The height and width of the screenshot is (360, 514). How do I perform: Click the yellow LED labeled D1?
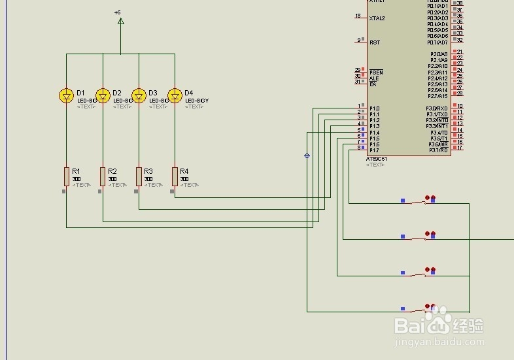pyautogui.click(x=66, y=95)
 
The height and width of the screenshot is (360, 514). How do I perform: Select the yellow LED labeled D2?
pyautogui.click(x=103, y=95)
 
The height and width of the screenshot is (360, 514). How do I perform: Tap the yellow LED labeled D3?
pyautogui.click(x=139, y=95)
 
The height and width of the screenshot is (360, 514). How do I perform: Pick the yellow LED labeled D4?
pyautogui.click(x=175, y=95)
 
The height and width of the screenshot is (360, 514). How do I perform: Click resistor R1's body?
pyautogui.click(x=66, y=176)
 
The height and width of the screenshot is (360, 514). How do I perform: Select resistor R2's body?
pyautogui.click(x=103, y=176)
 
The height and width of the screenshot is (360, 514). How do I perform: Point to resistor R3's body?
pyautogui.click(x=139, y=176)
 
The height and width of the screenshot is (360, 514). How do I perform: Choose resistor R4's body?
pyautogui.click(x=175, y=176)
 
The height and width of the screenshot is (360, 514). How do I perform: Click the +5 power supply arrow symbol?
pyautogui.click(x=120, y=21)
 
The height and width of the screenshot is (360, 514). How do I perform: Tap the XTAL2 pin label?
pyautogui.click(x=377, y=18)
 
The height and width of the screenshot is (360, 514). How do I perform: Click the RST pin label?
pyautogui.click(x=375, y=42)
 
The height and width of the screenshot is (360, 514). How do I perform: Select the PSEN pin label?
pyautogui.click(x=376, y=72)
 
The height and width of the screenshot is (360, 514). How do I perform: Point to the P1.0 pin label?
pyautogui.click(x=374, y=108)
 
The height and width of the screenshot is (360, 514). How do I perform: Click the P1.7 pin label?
pyautogui.click(x=374, y=150)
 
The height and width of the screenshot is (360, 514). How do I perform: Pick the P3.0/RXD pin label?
pyautogui.click(x=437, y=108)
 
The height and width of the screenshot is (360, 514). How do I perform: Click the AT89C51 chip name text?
pyautogui.click(x=377, y=159)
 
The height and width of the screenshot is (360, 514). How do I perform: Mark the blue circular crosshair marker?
pyautogui.click(x=307, y=155)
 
